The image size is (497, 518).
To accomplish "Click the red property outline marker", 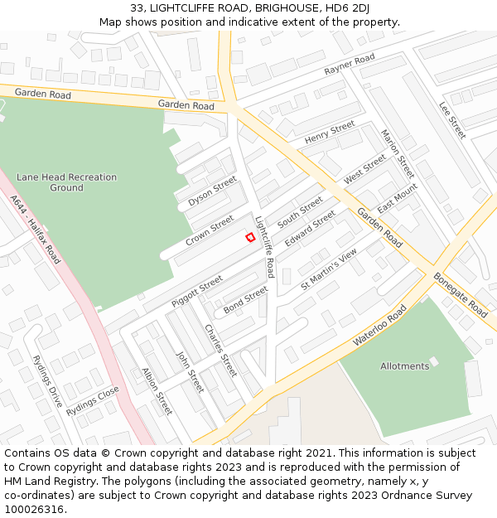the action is pos(250,238).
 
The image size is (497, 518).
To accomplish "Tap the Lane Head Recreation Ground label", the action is pos(66,182).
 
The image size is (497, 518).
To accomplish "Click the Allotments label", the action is pos(405,366).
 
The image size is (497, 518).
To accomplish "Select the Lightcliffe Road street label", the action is pos(265,247).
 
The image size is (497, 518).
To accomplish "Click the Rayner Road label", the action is pos(350,64).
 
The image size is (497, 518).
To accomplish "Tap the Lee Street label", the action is pos(452,119).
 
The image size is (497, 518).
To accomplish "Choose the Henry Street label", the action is pos(330,133).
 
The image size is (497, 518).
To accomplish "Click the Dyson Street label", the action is pos(212,191).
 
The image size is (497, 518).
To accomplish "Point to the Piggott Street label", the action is pos(197,292).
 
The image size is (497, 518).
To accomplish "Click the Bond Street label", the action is pos(245,300).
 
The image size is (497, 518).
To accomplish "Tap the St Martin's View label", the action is pos(329,269).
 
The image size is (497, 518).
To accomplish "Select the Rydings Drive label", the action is pos(47,385).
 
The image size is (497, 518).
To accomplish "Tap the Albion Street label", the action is pos(157,391).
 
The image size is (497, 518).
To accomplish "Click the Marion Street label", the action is pos(397,154).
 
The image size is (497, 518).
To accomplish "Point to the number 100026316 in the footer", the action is pos(34,509).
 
